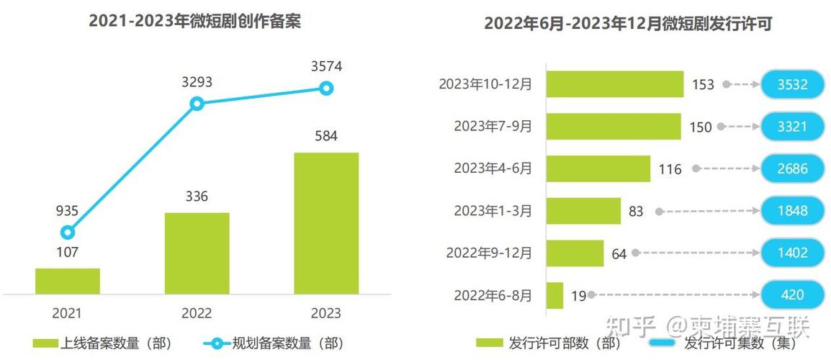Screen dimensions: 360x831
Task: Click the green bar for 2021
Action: point(68,281)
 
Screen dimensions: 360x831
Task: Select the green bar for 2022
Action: point(197,253)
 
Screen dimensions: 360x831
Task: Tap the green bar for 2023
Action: point(326,223)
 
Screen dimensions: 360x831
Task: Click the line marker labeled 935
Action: point(68,232)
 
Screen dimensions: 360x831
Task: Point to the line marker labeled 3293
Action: point(197,104)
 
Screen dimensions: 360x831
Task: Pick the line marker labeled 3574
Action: point(326,89)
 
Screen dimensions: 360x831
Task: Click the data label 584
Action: point(326,136)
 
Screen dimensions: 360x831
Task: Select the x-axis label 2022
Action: point(197,313)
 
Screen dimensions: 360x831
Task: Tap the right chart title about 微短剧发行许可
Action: point(627,24)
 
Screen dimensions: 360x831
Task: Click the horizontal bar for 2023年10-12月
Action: point(614,84)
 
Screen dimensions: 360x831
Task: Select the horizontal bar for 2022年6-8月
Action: point(554,295)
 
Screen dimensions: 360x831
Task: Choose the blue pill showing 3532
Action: point(791,84)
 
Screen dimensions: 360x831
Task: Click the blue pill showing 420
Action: point(791,295)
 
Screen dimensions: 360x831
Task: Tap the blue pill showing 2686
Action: point(791,169)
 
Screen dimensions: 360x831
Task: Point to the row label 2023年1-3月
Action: point(493,211)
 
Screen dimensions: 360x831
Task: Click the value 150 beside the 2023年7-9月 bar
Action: point(699,127)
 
